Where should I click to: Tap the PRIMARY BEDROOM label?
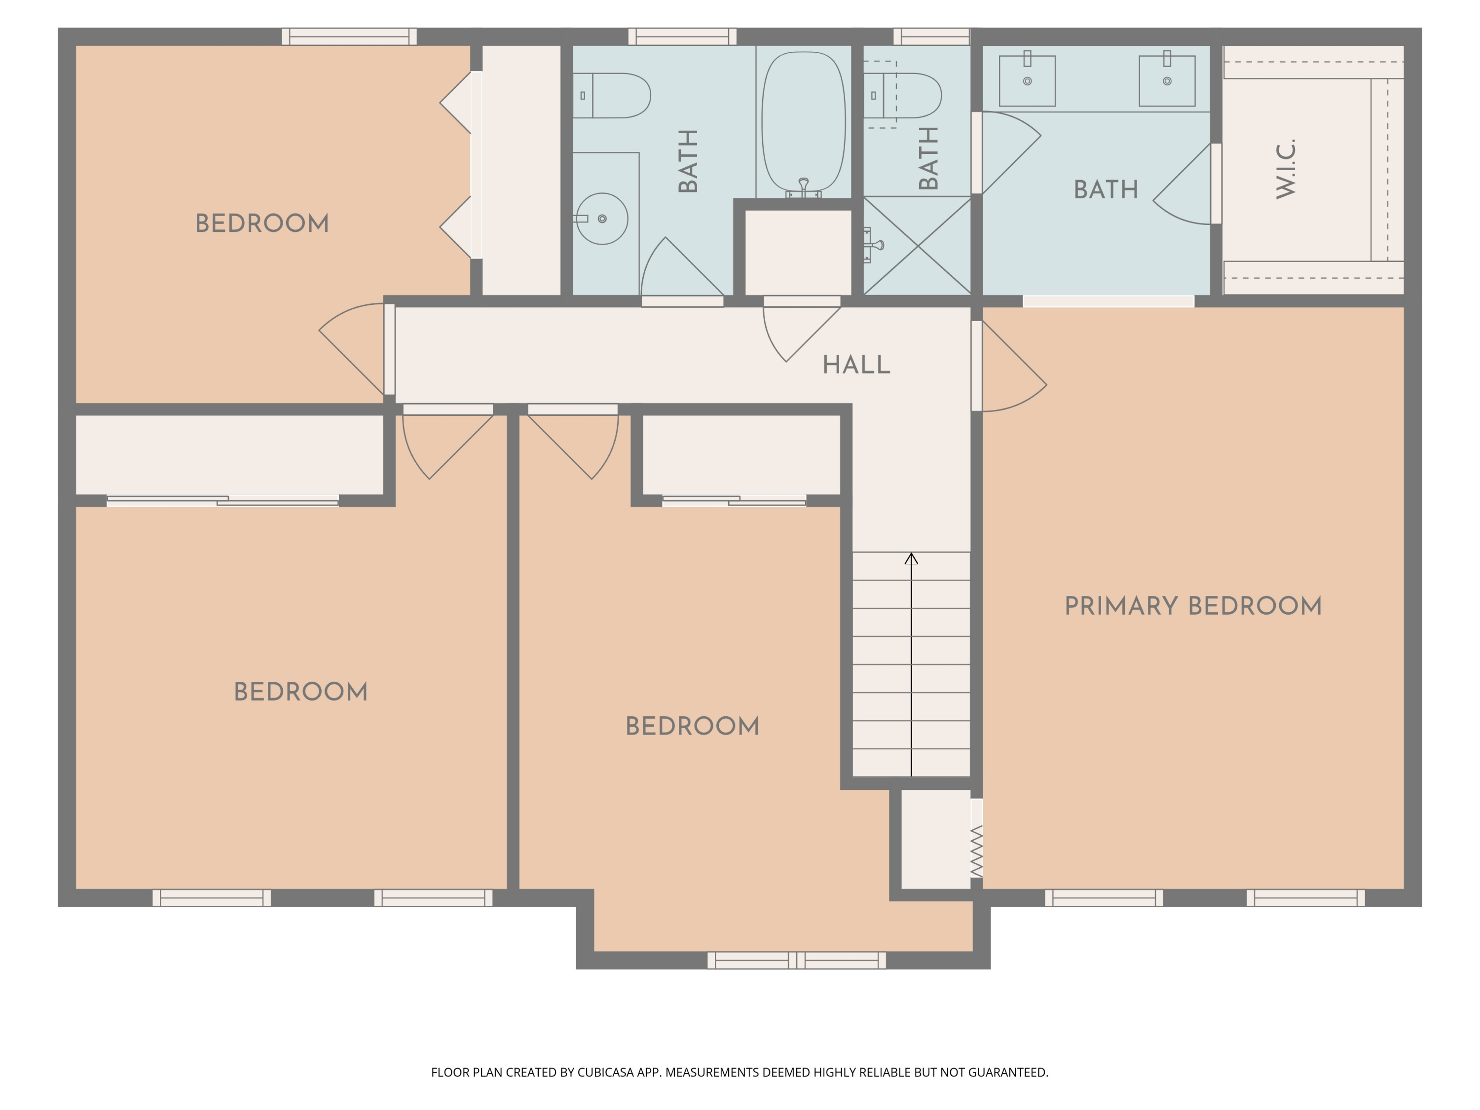tap(1193, 606)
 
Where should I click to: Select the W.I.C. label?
tap(1286, 169)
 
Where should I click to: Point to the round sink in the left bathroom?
tap(601, 219)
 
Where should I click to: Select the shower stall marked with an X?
tap(917, 246)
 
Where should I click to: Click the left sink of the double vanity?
tap(1027, 81)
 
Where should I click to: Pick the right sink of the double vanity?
tap(1167, 81)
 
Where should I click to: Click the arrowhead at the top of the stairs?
tap(911, 558)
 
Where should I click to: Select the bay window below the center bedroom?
tap(796, 960)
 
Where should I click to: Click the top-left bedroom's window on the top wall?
tap(349, 37)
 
